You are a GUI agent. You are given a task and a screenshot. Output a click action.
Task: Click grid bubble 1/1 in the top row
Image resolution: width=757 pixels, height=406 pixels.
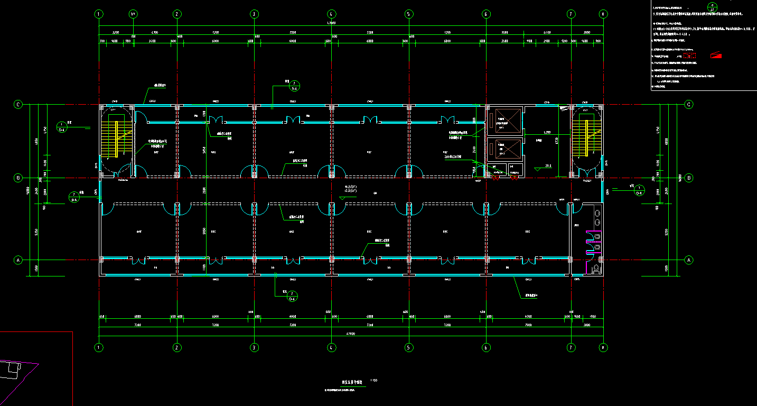click(133, 14)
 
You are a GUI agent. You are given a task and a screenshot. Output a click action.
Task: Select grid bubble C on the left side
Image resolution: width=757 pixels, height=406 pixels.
click(18, 105)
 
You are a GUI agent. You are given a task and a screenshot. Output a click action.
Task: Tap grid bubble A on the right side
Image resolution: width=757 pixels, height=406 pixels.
click(688, 260)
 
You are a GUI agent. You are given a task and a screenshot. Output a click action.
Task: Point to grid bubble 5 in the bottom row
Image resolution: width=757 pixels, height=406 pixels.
click(408, 347)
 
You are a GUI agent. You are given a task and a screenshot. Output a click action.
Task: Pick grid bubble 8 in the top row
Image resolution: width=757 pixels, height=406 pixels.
click(603, 14)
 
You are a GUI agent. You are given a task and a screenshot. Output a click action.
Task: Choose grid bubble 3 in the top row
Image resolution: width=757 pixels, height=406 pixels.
click(254, 14)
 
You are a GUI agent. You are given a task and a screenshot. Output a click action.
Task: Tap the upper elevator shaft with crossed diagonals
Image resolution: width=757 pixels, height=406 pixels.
click(503, 121)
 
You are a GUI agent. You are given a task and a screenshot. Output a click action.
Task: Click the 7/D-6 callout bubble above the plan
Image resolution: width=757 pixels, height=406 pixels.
click(294, 86)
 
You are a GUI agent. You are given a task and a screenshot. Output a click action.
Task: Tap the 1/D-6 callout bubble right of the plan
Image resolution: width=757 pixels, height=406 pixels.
click(639, 190)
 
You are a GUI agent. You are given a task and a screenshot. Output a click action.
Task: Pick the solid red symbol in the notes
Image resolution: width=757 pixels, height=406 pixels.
click(716, 55)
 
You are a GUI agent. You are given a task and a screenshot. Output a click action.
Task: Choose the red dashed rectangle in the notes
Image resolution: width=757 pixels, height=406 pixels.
click(690, 54)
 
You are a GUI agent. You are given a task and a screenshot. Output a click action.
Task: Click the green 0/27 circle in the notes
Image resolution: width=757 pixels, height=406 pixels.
click(712, 7)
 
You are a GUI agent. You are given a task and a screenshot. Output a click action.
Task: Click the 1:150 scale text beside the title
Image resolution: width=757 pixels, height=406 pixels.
click(374, 380)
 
